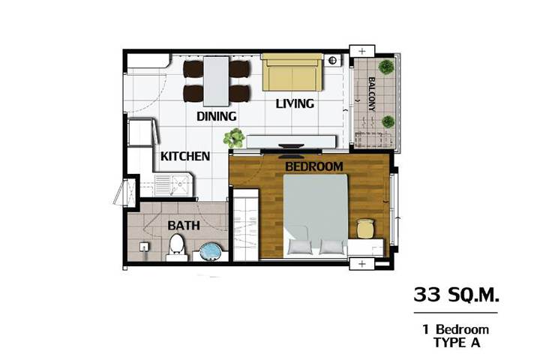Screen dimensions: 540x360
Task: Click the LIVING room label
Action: (295, 103)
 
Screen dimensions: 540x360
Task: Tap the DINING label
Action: (216, 116)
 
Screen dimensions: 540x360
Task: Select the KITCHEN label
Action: (185, 157)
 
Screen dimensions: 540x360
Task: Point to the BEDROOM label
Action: (314, 166)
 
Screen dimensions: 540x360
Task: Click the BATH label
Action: (184, 226)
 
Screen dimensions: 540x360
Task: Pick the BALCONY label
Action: (372, 94)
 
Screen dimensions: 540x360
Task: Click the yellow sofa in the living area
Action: (292, 72)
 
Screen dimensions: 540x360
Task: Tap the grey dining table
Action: (216, 81)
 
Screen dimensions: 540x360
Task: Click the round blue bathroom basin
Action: (211, 251)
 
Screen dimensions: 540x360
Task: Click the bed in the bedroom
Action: (316, 216)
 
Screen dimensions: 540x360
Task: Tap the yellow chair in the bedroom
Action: (365, 229)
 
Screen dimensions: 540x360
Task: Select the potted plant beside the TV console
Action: (234, 138)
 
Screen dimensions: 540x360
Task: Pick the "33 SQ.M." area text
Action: (456, 295)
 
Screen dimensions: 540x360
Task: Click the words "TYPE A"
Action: (457, 343)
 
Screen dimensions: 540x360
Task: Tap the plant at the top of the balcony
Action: (386, 67)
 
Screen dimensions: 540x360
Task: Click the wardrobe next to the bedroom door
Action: (246, 224)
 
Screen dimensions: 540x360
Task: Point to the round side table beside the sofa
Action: (332, 61)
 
